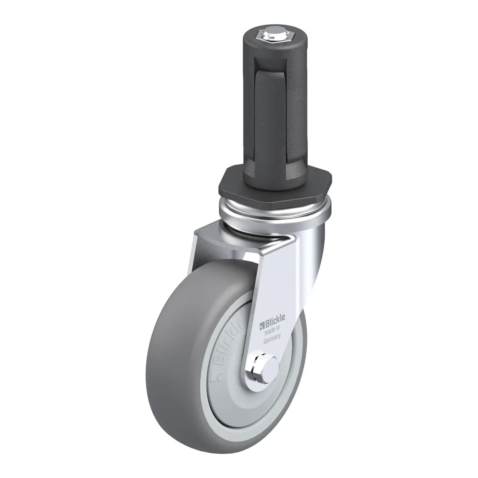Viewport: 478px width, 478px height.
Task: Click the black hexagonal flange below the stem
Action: click(x=274, y=182)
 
